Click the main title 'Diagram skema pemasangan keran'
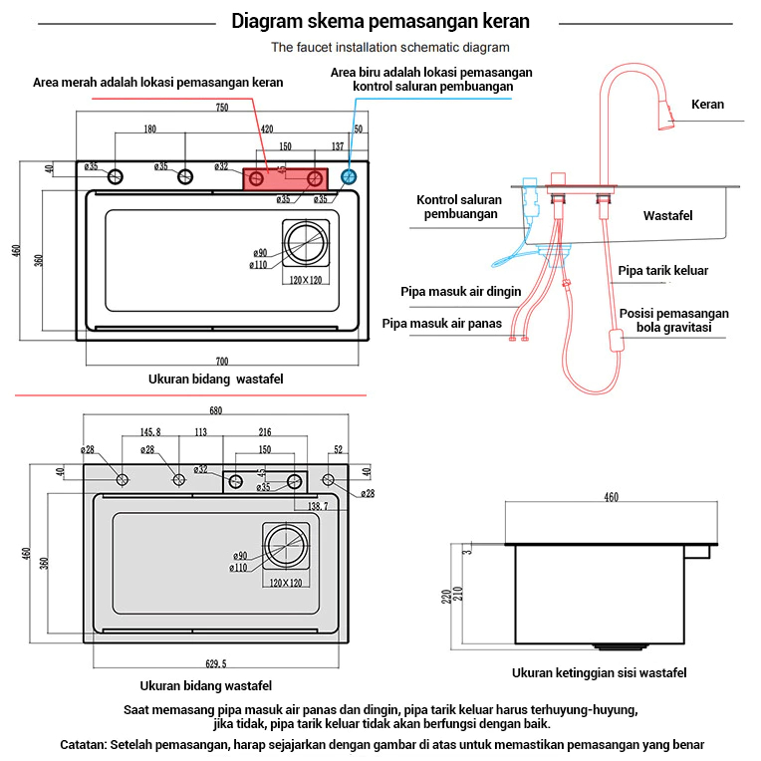(380, 21)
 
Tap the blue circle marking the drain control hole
(348, 177)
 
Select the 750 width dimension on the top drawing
(221, 108)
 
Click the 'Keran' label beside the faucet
(707, 105)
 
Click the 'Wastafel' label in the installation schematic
(667, 215)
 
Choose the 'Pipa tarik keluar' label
(663, 270)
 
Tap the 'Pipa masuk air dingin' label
(461, 291)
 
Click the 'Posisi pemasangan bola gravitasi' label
(674, 320)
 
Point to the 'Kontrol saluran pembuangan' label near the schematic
(458, 207)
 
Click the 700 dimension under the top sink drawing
(221, 361)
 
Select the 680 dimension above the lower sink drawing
(215, 410)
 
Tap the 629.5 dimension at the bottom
(216, 663)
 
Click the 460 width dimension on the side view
(611, 497)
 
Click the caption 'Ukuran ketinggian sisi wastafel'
(599, 673)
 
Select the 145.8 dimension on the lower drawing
(150, 432)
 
